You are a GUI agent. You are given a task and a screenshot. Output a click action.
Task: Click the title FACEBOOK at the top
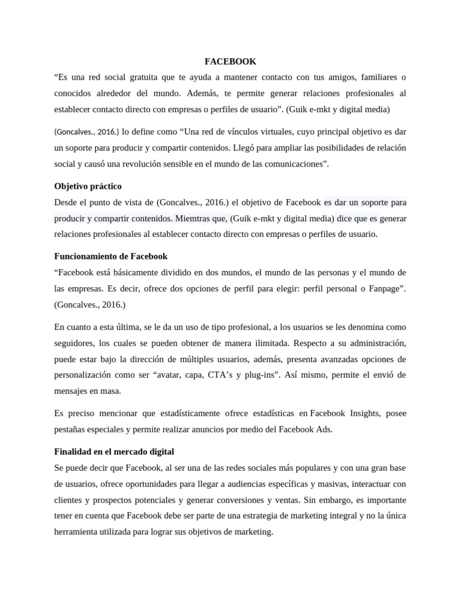coord(230,61)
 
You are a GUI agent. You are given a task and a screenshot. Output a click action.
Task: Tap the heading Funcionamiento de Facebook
coord(111,256)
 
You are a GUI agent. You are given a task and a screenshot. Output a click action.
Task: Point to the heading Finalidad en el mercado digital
coord(114,451)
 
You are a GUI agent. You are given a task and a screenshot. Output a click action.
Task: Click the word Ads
coord(324,429)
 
